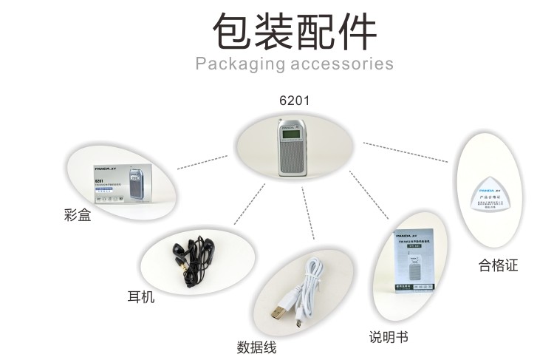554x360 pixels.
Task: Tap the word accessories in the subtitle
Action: [342, 64]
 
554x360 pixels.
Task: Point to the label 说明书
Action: [389, 337]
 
